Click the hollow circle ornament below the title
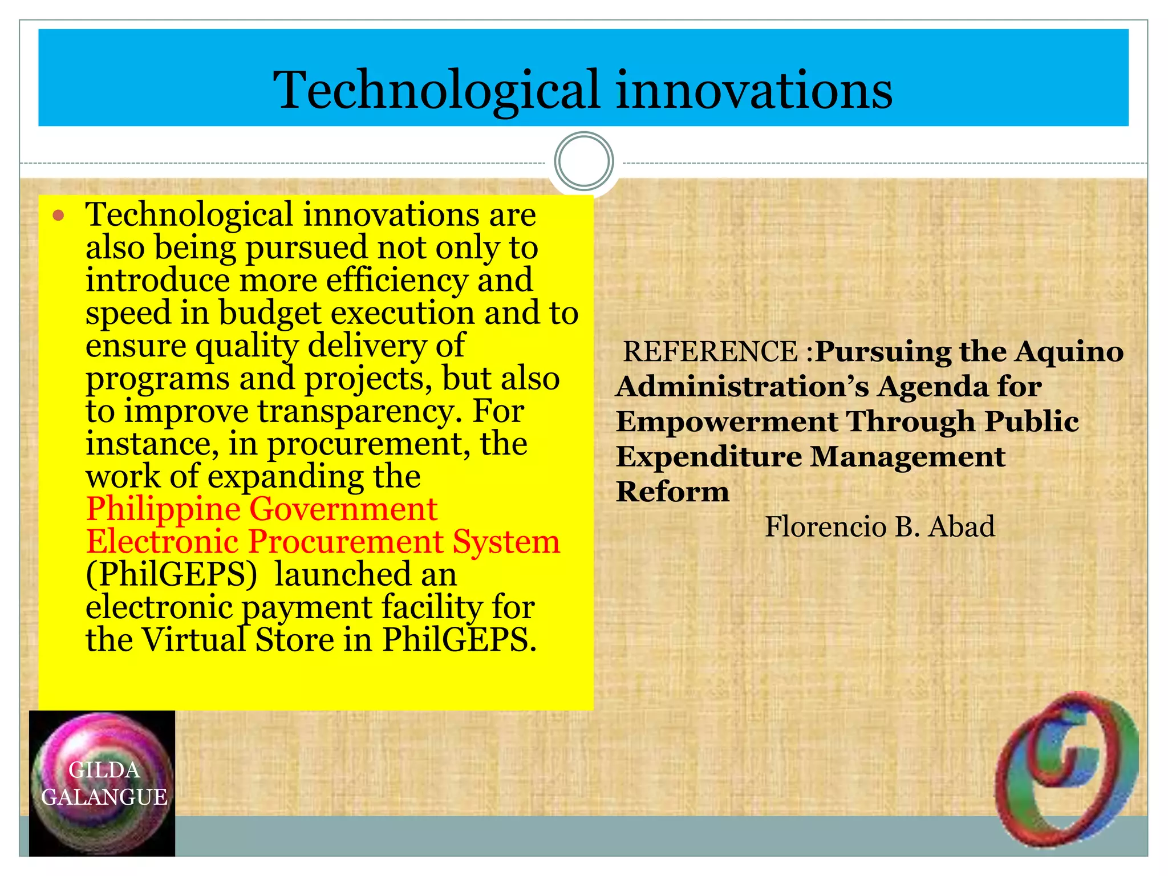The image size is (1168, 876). click(x=583, y=161)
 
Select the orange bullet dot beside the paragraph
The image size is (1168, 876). click(x=58, y=216)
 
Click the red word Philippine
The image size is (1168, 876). click(x=163, y=509)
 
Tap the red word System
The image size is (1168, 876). click(x=506, y=541)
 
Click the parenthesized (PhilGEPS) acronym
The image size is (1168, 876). click(x=172, y=574)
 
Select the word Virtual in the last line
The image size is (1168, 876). click(x=193, y=639)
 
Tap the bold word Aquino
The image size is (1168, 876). click(x=1069, y=351)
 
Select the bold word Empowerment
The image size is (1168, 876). click(x=727, y=422)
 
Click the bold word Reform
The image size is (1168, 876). click(x=672, y=492)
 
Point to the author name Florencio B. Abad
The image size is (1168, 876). click(x=879, y=526)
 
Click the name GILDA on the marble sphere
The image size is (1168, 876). click(x=104, y=770)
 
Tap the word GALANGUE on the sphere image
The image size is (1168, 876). click(x=104, y=797)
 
